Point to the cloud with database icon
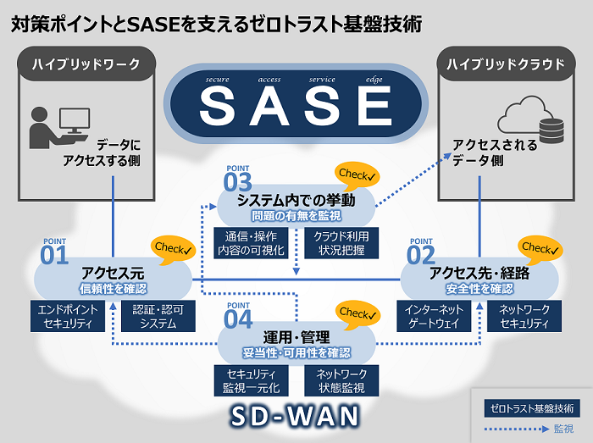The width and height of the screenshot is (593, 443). click(x=531, y=120)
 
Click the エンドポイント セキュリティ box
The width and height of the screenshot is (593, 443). click(x=69, y=316)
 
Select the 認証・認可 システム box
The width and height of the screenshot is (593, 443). click(x=155, y=316)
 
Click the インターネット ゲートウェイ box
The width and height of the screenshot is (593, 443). click(x=435, y=316)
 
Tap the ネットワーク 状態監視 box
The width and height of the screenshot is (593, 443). click(x=341, y=381)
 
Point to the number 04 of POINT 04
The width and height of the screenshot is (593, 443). click(x=238, y=319)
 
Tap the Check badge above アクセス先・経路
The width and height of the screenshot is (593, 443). click(x=538, y=248)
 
